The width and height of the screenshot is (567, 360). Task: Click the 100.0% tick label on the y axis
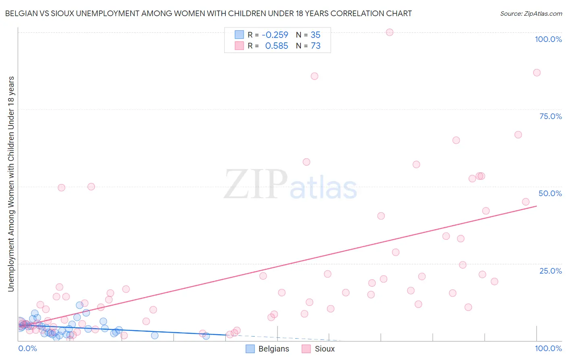[548, 39]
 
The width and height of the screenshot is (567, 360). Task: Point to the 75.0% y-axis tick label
[550, 116]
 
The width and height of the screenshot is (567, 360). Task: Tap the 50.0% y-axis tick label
[550, 193]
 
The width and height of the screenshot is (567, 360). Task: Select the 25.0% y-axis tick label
[550, 271]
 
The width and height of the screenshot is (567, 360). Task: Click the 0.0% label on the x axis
[27, 348]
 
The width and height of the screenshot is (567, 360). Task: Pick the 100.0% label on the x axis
[548, 348]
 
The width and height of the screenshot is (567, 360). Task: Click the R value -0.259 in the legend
[275, 35]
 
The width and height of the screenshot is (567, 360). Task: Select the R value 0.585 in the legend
[276, 46]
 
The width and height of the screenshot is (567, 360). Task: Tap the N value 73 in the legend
[315, 46]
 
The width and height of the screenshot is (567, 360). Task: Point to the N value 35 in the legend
[315, 35]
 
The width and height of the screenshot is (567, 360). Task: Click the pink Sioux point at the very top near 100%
[390, 32]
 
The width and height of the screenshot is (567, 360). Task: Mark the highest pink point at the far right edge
[537, 73]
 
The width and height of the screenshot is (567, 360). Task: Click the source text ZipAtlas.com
[531, 14]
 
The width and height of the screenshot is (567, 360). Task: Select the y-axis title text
[11, 184]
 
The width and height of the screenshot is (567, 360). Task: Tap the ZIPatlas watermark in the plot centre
[290, 184]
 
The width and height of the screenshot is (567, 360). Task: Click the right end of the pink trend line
[537, 206]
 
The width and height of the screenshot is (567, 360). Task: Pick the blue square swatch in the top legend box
[239, 35]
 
